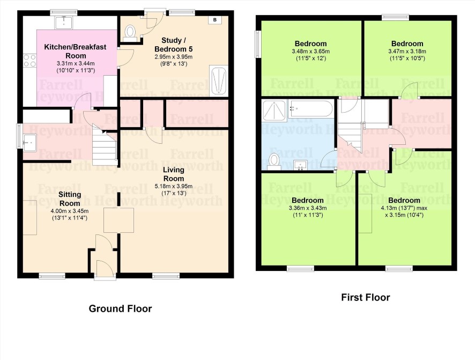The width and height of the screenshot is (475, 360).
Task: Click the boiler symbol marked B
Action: (x=215, y=20)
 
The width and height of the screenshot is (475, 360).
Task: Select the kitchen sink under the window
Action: (x=64, y=23)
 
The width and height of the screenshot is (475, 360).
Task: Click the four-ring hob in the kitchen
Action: (x=30, y=60)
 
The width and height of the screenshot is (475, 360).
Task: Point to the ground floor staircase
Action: (x=105, y=146)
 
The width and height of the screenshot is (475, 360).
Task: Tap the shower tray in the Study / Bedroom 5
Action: (x=219, y=80)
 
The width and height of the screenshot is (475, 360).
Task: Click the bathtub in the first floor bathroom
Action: (x=310, y=109)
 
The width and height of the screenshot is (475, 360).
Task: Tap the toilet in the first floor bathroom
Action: (x=274, y=161)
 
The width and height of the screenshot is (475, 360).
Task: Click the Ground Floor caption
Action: (x=120, y=308)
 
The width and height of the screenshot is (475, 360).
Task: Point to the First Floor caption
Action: (x=365, y=297)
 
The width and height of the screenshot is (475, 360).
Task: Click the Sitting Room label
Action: (x=70, y=199)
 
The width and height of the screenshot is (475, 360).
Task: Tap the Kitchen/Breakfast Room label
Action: (x=76, y=51)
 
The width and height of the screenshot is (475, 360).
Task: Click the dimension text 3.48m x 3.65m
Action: (x=310, y=52)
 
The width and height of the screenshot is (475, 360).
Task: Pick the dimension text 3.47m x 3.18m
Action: (x=407, y=52)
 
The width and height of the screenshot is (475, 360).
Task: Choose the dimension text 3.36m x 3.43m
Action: (x=308, y=208)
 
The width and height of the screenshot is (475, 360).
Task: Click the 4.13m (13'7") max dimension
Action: (x=404, y=208)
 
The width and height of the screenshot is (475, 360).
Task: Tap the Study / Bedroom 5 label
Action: (x=173, y=45)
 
